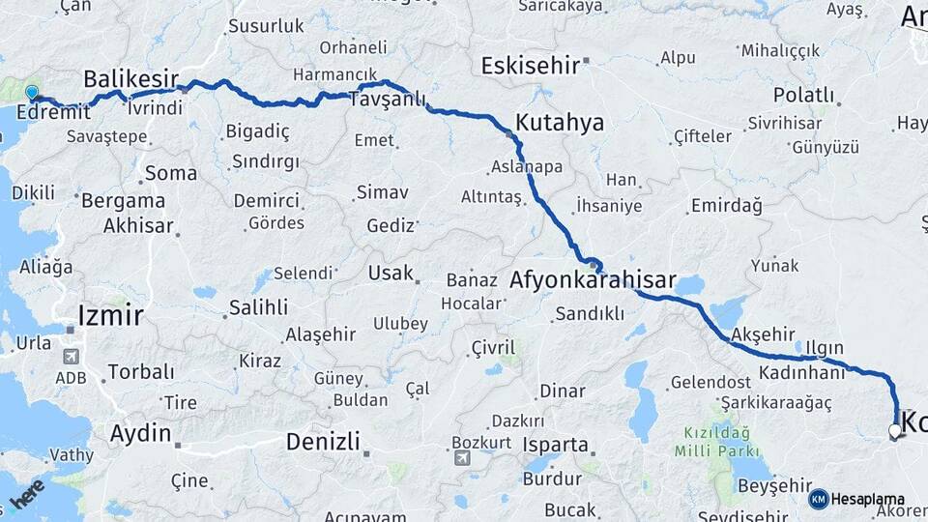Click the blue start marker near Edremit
coord(32,94)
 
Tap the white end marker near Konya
coord(895,431)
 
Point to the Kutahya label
coord(560,123)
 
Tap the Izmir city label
coord(111,315)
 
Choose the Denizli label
coord(323,442)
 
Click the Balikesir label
coord(130,78)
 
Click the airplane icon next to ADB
coord(71,356)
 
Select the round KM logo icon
coord(818,499)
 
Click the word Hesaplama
coord(862,499)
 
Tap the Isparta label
coord(555,446)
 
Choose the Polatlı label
coord(802,95)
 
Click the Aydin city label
coord(140,433)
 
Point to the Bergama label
coord(123,201)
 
